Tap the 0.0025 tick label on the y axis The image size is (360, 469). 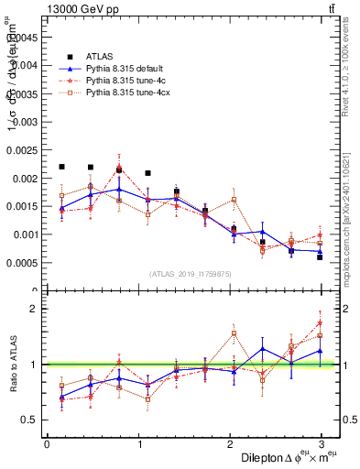(25, 149)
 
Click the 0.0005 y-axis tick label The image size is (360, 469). (25, 263)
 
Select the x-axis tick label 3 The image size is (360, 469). (321, 443)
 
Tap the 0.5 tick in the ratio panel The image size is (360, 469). (29, 420)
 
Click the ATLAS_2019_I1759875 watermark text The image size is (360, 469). (191, 274)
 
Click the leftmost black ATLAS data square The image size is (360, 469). (61, 167)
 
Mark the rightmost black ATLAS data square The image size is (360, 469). (320, 257)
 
